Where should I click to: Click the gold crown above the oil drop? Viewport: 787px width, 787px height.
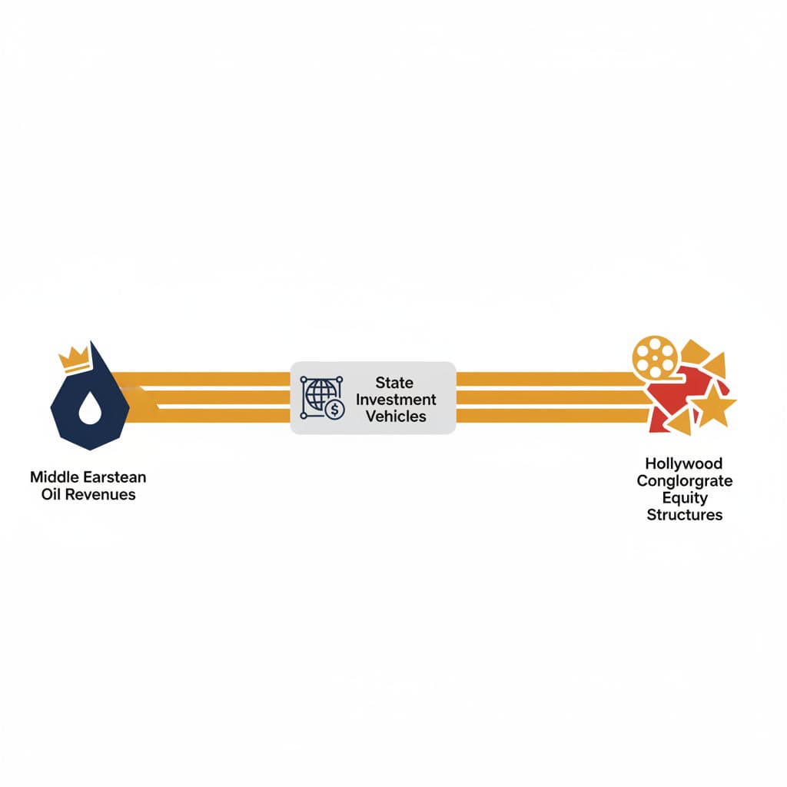coord(74,358)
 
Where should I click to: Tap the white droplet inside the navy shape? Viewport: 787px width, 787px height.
coord(90,412)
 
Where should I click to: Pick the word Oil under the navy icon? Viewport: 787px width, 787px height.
coord(51,494)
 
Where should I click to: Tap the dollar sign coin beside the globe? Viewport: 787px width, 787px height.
coord(335,410)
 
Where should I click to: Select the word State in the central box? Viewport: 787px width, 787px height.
coord(394,383)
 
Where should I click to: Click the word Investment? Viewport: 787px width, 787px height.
coord(395,400)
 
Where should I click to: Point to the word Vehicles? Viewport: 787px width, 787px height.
coord(395,417)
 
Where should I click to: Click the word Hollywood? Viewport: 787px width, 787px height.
coord(684,464)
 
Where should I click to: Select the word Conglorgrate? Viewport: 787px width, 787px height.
coord(684,481)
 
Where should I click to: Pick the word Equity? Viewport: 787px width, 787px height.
coord(684,498)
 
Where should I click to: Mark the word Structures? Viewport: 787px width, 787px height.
coord(684,515)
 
